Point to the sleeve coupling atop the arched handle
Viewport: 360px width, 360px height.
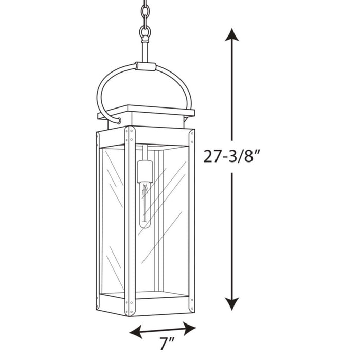[145, 66]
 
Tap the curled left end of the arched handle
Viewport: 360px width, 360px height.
[119, 120]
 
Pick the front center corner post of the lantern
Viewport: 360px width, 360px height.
[130, 221]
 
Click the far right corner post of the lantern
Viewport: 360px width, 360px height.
[192, 221]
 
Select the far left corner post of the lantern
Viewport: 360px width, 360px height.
[98, 221]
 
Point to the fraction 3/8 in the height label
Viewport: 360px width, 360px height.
[242, 155]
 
